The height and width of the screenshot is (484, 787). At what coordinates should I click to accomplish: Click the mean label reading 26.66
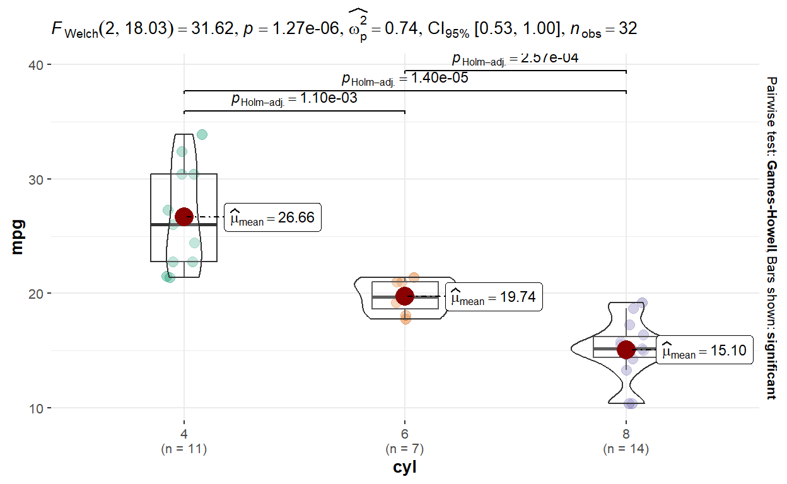click(272, 217)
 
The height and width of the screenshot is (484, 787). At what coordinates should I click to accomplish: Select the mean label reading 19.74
click(494, 297)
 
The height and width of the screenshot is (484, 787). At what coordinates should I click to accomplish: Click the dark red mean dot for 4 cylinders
click(184, 217)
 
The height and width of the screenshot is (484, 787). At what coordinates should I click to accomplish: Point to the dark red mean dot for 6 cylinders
click(404, 296)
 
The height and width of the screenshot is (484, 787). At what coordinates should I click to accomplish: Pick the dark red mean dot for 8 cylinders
click(626, 349)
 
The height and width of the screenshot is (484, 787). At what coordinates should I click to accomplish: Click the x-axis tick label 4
click(184, 434)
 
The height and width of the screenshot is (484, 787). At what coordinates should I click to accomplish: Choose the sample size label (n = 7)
click(404, 449)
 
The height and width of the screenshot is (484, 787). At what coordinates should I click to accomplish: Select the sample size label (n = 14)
click(626, 449)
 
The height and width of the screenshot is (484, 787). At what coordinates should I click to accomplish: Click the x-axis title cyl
click(404, 468)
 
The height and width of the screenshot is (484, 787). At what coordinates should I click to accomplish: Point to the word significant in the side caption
click(771, 366)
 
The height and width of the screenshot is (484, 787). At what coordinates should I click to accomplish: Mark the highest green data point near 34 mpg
click(202, 134)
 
